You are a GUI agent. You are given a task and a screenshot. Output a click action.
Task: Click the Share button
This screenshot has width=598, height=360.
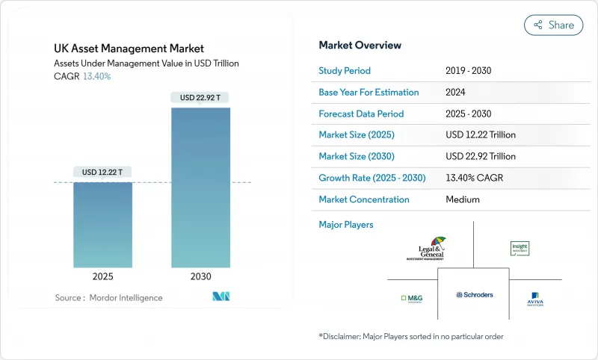coord(553,25)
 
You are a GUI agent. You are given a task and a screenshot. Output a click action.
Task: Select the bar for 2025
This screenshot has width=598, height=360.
coord(102,224)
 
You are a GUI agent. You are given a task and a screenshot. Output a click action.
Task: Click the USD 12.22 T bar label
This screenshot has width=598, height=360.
coord(102,172)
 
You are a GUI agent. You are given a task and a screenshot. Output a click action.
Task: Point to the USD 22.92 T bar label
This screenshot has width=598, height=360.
coord(200,97)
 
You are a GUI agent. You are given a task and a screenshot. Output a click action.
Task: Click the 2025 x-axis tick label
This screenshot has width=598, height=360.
coord(102,276)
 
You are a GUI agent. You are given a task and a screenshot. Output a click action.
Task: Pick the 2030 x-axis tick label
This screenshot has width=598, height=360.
coord(200,276)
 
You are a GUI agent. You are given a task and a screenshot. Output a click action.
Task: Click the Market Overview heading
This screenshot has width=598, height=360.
coord(360,46)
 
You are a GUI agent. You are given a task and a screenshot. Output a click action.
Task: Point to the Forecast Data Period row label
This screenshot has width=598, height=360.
coord(361,114)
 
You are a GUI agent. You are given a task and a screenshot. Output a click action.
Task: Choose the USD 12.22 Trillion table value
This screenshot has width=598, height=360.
coord(480,135)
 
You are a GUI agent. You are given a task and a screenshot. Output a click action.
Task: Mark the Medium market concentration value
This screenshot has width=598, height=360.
coord(463,199)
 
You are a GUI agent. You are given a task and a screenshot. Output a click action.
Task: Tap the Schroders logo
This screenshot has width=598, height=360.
coord(475,295)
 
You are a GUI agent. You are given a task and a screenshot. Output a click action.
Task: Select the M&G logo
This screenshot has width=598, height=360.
coord(412,299)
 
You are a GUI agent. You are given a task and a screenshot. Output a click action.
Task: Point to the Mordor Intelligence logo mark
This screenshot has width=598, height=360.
coord(221,297)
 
